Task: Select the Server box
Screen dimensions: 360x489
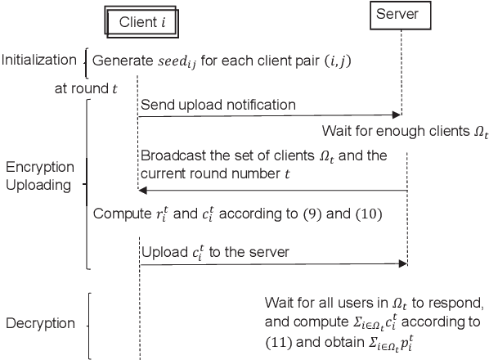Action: [402, 15]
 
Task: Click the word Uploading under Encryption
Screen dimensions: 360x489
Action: [42, 185]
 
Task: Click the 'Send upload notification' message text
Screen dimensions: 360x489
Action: [218, 105]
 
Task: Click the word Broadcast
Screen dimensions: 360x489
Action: [173, 155]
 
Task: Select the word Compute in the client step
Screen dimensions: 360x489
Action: [120, 214]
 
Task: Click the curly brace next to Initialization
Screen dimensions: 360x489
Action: [87, 59]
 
